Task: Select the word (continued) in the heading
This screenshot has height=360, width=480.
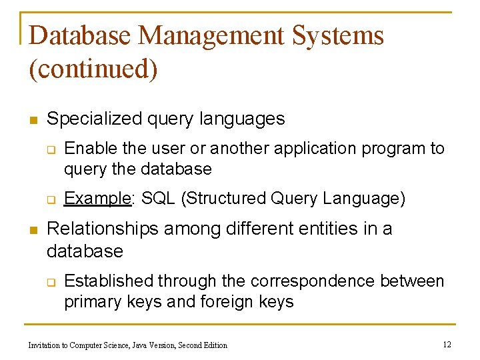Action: click(x=93, y=70)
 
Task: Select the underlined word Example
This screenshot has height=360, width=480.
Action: click(x=96, y=198)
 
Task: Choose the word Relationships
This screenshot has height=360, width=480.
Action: click(x=103, y=229)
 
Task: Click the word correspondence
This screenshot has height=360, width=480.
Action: click(x=317, y=281)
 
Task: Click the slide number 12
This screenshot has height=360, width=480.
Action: click(x=447, y=345)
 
